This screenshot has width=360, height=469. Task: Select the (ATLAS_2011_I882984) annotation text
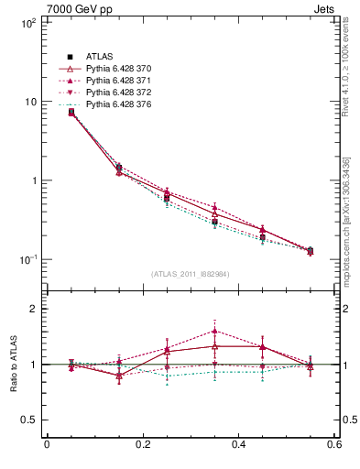click(x=190, y=274)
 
